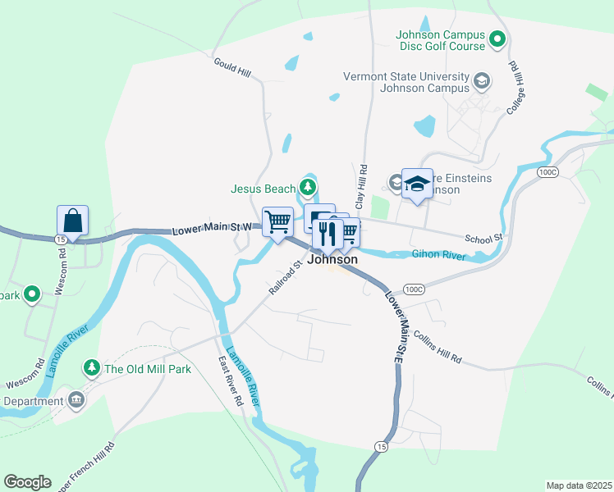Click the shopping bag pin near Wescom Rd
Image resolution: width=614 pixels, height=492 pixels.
point(72,221)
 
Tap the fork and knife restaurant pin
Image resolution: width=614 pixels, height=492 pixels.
point(328,234)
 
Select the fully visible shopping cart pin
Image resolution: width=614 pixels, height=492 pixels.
point(277,221)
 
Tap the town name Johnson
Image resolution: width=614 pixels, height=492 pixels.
point(332,259)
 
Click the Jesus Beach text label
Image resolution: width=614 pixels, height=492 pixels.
point(263,189)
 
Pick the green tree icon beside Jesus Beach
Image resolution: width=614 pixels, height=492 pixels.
point(308,189)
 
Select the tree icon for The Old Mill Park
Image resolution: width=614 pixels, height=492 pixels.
point(92,368)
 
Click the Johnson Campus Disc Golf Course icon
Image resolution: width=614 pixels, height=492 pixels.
point(497,39)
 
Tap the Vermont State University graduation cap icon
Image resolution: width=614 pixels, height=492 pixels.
point(481,80)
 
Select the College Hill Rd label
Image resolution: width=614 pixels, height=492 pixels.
point(516,88)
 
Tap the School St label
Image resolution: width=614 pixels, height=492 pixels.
point(483,237)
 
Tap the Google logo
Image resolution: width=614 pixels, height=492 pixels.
point(27,481)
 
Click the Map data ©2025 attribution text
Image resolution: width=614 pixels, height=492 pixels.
point(578,485)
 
